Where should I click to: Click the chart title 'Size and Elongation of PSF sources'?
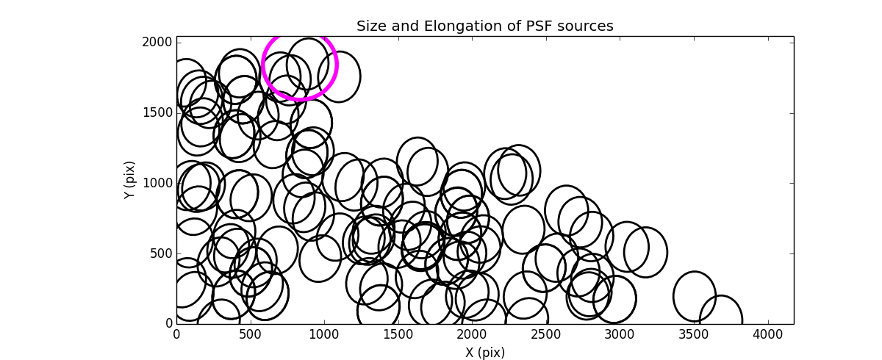[484, 26]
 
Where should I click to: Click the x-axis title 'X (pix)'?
[484, 352]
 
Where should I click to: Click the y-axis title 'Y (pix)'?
[129, 180]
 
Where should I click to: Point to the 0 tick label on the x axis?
[176, 334]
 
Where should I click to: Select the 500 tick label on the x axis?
[251, 334]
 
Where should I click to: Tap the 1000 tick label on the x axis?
[324, 334]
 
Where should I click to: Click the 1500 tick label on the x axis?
[398, 334]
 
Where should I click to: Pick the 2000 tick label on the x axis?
[473, 334]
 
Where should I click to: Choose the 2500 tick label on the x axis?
[546, 334]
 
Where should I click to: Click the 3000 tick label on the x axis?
[620, 334]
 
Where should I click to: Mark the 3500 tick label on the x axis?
[695, 334]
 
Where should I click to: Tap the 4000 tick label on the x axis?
[768, 334]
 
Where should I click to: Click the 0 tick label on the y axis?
[168, 324]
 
